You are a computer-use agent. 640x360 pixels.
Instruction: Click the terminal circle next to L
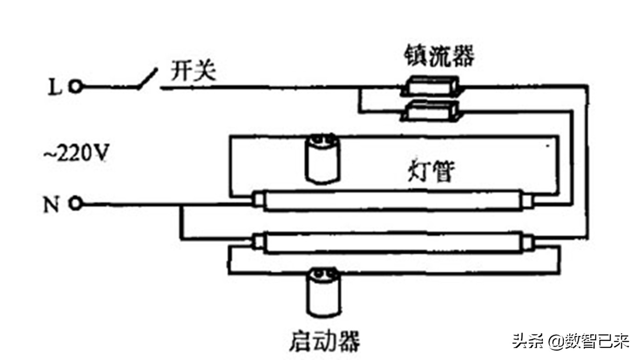[x=76, y=88]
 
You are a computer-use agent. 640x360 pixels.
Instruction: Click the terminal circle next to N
[x=76, y=204]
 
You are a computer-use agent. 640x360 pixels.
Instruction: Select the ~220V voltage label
[x=76, y=154]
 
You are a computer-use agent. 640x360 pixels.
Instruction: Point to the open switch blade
[x=147, y=79]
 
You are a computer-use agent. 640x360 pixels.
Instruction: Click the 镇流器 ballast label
[x=439, y=57]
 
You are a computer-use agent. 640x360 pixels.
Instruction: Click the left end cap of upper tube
[x=257, y=201]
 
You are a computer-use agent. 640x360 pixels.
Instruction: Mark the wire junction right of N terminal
[x=181, y=205]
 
